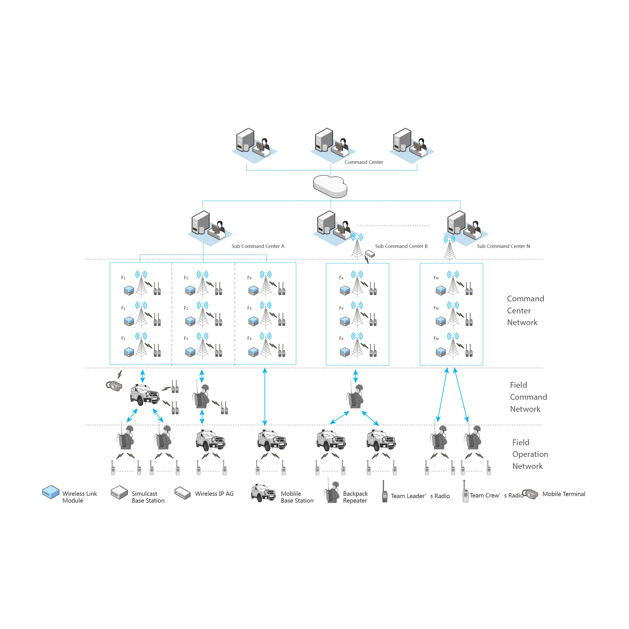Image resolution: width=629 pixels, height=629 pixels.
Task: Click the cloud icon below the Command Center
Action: coord(330,186)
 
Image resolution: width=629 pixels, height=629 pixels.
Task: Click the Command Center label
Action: coord(364,162)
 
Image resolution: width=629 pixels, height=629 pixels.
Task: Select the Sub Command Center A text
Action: coord(258,246)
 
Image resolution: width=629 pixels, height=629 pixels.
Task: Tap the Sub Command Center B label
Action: coord(401,246)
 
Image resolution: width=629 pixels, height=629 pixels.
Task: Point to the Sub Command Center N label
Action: coord(503,246)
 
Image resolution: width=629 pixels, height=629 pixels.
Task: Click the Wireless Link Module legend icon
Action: coord(51,492)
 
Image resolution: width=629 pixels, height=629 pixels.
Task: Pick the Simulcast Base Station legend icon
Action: coord(119,493)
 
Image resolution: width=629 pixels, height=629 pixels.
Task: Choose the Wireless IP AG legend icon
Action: coord(182,493)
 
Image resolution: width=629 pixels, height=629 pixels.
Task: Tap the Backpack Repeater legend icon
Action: coord(332,492)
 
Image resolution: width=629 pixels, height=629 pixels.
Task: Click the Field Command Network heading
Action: coord(528,397)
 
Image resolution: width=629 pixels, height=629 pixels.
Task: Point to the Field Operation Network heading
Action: coord(530,454)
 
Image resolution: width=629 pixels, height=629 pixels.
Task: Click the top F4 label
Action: coord(341,278)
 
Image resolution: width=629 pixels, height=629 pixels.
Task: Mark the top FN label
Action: coord(436,278)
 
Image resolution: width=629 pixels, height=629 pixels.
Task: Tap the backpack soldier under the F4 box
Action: coord(355,397)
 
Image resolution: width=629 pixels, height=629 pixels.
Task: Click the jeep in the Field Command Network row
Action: coord(145,395)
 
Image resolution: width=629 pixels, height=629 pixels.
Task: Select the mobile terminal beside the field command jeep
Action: coord(114,386)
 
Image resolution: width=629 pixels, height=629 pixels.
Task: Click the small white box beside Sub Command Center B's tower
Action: coord(370,253)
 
